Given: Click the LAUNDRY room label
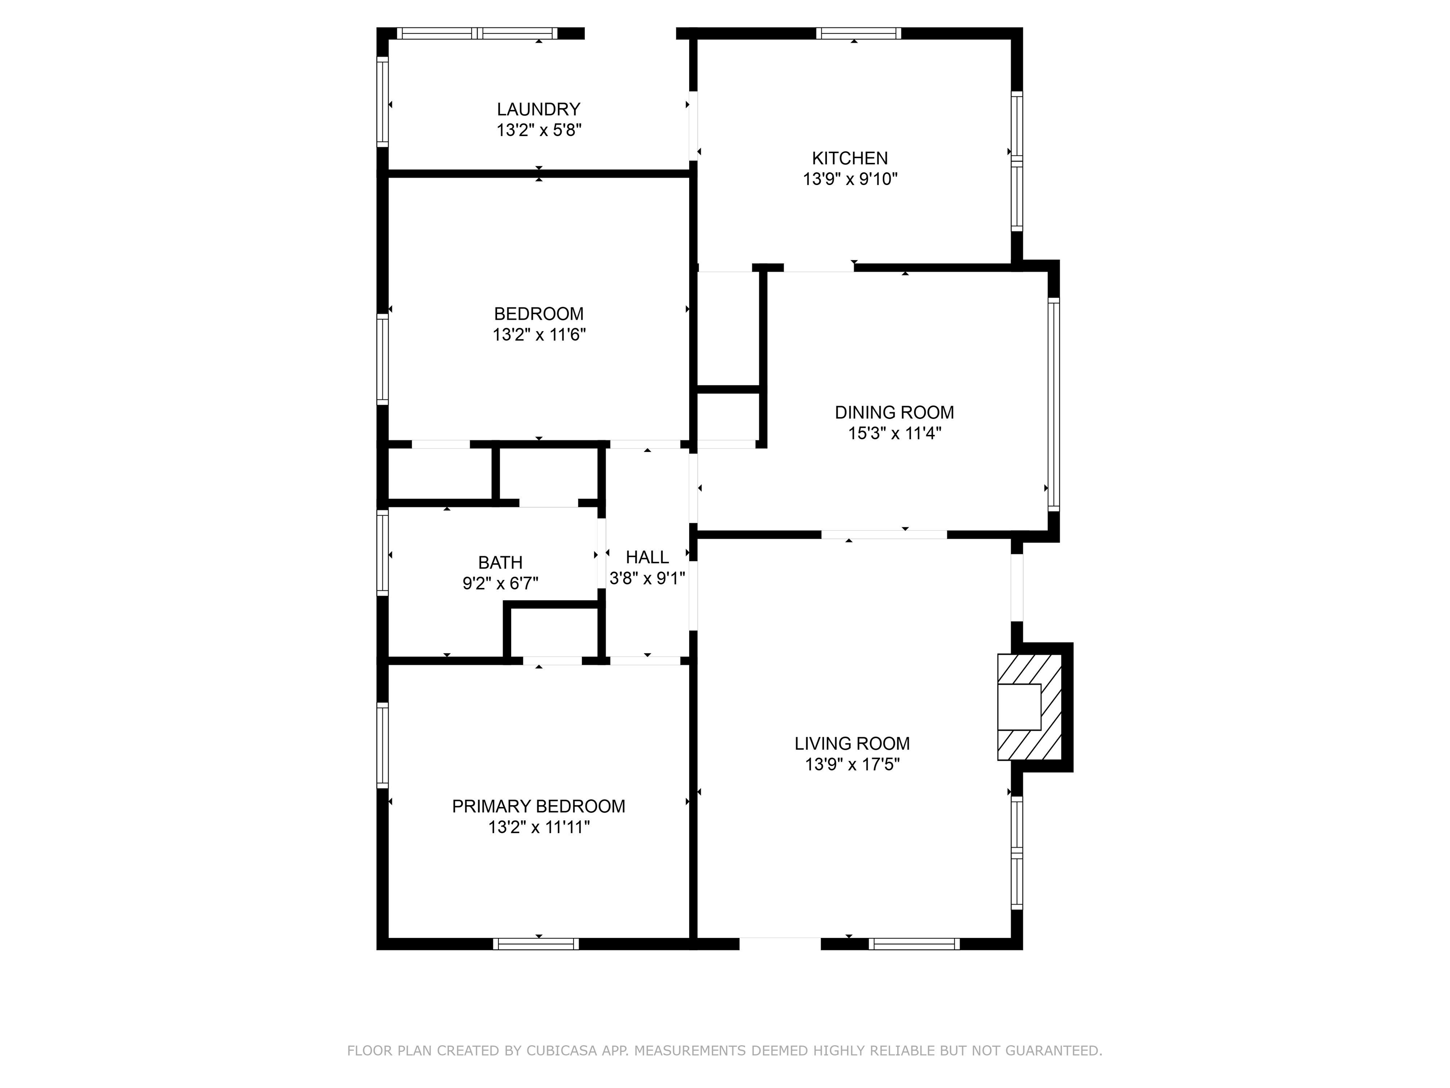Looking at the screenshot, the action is pyautogui.click(x=538, y=109).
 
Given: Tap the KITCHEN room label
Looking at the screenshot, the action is pyautogui.click(x=850, y=158).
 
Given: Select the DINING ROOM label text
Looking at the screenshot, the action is pyautogui.click(x=894, y=413).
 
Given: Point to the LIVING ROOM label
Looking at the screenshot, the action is pyautogui.click(x=852, y=744).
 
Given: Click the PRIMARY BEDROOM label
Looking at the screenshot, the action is pyautogui.click(x=538, y=806).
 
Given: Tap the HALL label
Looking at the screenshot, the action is pyautogui.click(x=647, y=557).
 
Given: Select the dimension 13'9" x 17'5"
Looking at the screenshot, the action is pyautogui.click(x=852, y=765).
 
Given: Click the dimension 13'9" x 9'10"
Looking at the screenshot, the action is pyautogui.click(x=850, y=179).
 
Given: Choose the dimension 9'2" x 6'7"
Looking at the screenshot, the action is pyautogui.click(x=500, y=584).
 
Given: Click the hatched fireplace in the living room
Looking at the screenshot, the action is pyautogui.click(x=1029, y=707).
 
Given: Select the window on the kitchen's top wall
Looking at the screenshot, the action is pyautogui.click(x=858, y=34).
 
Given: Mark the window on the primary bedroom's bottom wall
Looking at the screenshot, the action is pyautogui.click(x=536, y=943).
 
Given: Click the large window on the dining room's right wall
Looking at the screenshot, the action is pyautogui.click(x=1054, y=405).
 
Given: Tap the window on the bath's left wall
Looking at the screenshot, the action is pyautogui.click(x=382, y=553).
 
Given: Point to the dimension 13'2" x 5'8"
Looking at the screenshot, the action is pyautogui.click(x=539, y=130).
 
